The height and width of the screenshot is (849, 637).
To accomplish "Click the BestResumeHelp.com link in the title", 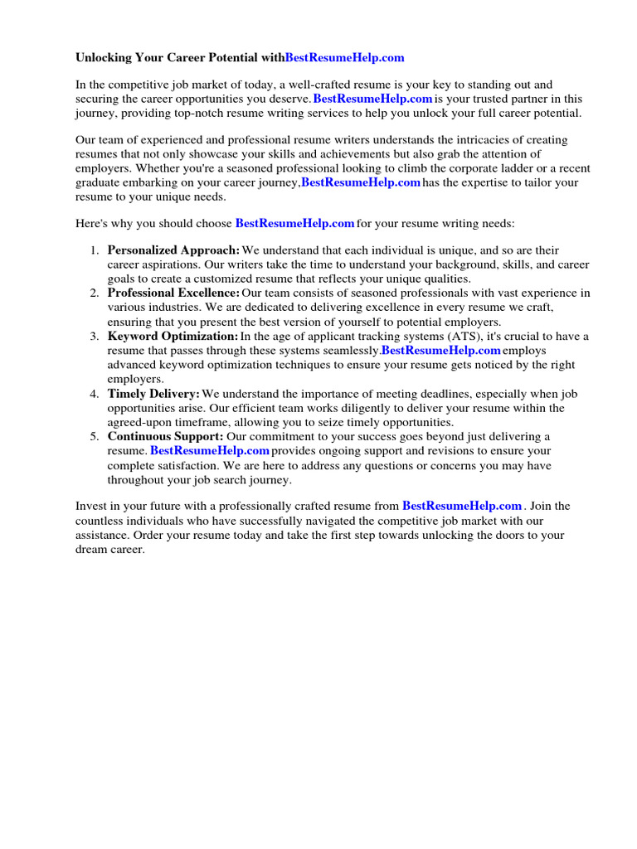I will [x=344, y=57].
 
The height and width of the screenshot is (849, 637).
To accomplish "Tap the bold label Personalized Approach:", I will [x=173, y=250].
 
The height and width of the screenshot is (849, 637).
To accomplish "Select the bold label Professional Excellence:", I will [x=173, y=293].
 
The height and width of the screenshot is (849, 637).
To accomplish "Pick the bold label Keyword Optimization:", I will [x=173, y=336].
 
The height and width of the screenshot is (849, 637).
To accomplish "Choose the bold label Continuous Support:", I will [x=165, y=436].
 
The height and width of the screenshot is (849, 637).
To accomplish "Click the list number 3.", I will [x=95, y=336].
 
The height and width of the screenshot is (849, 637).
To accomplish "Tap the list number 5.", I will [x=95, y=436].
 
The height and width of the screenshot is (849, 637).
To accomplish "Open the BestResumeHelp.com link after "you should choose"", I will [x=294, y=223].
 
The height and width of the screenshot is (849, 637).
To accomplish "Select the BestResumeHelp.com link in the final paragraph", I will [x=461, y=505].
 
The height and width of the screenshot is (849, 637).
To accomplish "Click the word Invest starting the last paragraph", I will [x=91, y=506].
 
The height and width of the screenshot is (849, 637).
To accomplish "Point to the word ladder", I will [x=489, y=168].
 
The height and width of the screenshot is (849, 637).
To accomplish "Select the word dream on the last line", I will [x=91, y=549].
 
